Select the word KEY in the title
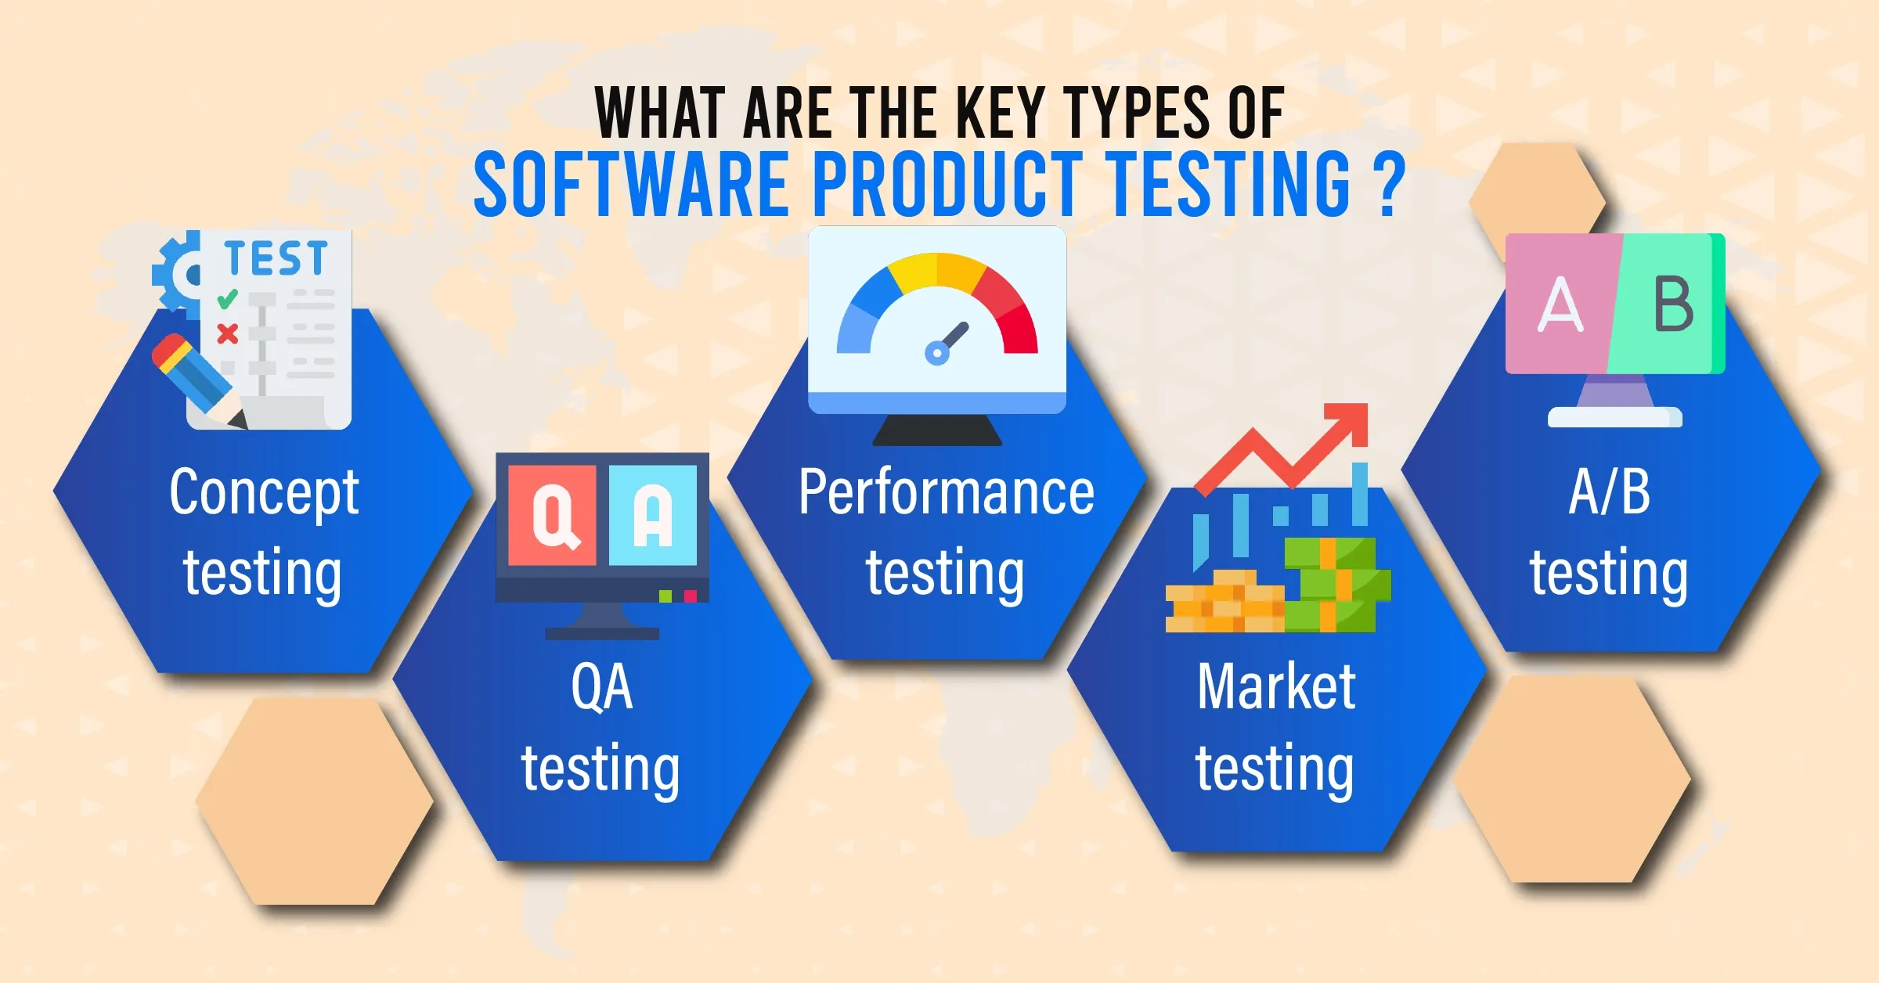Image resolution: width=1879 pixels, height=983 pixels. coord(1001,113)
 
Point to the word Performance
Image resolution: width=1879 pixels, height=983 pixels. coord(946,492)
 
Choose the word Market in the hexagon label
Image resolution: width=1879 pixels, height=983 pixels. coord(1276,686)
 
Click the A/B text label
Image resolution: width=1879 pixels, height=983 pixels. coord(1610,492)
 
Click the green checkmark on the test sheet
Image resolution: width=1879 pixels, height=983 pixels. coord(227,298)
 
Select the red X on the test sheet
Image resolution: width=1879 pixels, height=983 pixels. coord(228,334)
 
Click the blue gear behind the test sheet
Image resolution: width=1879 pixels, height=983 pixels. coord(177,274)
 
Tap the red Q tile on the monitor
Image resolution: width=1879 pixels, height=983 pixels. coord(552,515)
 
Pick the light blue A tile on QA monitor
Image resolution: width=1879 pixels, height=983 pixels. coord(653,515)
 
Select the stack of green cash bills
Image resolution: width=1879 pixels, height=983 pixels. coord(1336,585)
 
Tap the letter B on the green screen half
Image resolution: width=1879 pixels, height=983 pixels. coord(1674,304)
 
